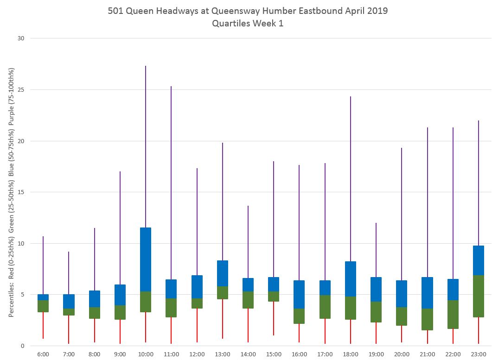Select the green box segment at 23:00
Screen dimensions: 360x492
coord(479,296)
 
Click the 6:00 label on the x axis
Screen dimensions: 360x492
coord(43,354)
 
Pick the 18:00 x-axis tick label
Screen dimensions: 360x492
coord(351,354)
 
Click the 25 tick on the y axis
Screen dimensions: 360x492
coord(21,90)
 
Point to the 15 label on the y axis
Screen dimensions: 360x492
coord(21,192)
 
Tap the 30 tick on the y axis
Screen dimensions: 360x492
coord(21,38)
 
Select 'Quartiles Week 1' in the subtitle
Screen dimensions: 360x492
coord(248,24)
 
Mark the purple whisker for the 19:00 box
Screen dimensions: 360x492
coord(376,250)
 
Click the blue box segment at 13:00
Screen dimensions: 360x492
coord(223,273)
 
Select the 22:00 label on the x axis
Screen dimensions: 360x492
coord(453,354)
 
